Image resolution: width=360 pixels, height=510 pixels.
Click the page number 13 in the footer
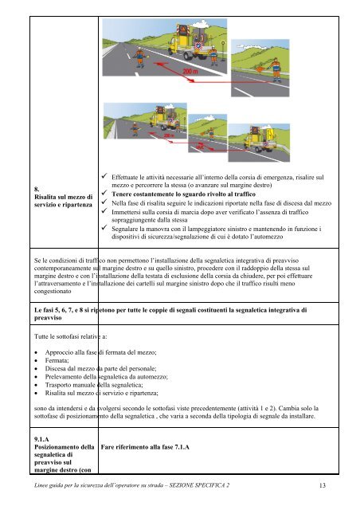(320, 485)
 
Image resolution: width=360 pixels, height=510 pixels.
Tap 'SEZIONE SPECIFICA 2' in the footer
(248, 485)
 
